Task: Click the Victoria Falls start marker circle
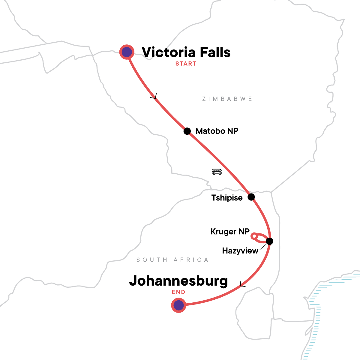click(127, 52)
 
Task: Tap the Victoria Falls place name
click(186, 52)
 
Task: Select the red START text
click(186, 64)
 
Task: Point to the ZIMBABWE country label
click(227, 99)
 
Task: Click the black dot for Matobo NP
click(187, 131)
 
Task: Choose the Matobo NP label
click(217, 131)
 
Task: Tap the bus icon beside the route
click(217, 172)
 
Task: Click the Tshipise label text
click(227, 198)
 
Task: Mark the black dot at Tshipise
click(251, 197)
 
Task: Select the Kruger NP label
click(230, 232)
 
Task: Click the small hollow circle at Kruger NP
click(254, 236)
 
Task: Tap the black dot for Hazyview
click(269, 241)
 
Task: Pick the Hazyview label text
click(240, 251)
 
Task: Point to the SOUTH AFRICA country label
click(172, 260)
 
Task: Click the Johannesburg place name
click(178, 281)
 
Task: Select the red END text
click(178, 292)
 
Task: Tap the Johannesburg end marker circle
click(178, 305)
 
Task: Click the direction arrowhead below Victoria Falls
click(154, 97)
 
